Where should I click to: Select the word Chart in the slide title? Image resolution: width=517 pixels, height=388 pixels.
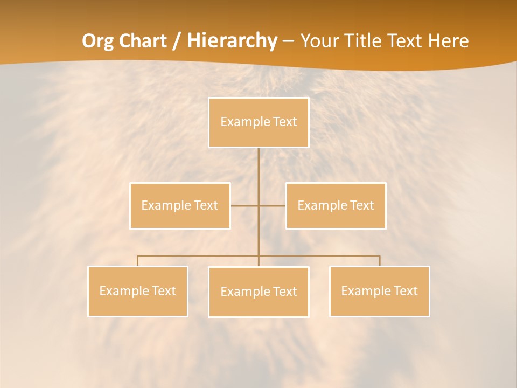pyautogui.click(x=143, y=41)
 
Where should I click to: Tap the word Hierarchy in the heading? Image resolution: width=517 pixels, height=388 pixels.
pyautogui.click(x=233, y=41)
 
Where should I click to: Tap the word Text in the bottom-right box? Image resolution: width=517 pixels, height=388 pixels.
pyautogui.click(x=405, y=291)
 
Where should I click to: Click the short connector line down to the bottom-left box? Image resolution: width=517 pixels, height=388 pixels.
pyautogui.click(x=137, y=261)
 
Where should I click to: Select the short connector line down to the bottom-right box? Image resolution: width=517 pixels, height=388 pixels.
pyautogui.click(x=380, y=261)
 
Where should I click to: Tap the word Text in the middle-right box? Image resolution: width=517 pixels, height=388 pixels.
pyautogui.click(x=361, y=205)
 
